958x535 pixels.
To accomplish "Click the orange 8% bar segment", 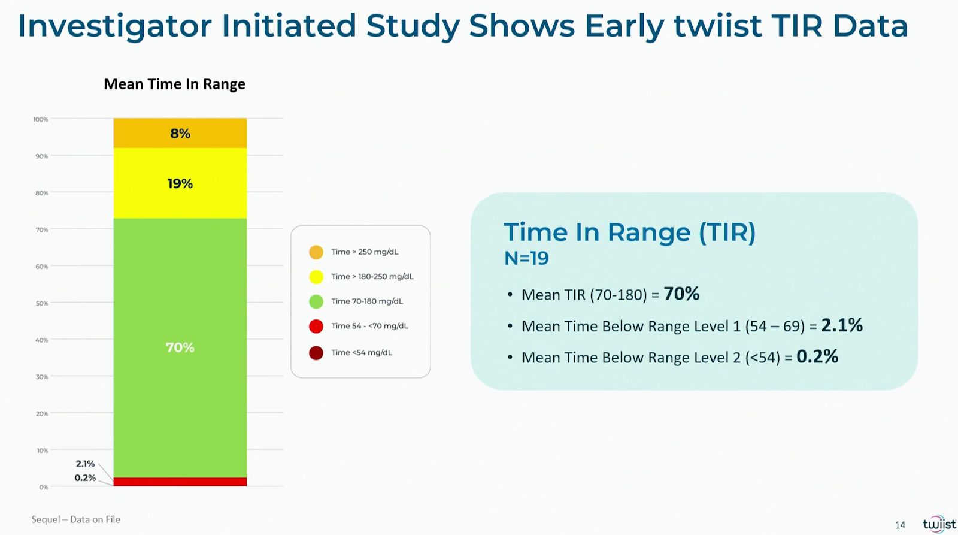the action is coord(180,133).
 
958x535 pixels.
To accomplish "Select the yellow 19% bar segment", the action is coord(180,183).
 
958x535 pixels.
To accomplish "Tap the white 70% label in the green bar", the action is coord(180,347).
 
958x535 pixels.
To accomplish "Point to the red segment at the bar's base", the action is coord(180,482).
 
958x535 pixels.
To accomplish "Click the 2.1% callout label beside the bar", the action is coord(85,464).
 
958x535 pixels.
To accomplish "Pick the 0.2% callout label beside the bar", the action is coord(85,478).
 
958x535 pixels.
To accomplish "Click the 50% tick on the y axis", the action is coord(42,304).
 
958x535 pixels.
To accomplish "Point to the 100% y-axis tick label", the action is coord(41,119).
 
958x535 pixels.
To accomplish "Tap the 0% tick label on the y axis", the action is coord(44,488).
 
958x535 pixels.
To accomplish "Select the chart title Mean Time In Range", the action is coord(174,84).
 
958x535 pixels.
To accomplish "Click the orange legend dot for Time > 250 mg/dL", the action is coord(316,252).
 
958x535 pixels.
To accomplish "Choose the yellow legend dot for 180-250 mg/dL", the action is coord(316,277).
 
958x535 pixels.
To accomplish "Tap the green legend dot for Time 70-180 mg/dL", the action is coord(316,301).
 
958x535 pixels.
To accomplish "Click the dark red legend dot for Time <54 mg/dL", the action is coord(316,353).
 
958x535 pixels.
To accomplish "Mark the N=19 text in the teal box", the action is coord(526,258).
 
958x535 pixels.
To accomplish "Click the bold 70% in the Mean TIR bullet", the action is coord(682,294).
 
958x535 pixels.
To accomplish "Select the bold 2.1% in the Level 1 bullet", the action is coord(842,325).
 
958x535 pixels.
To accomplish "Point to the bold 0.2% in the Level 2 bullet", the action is coord(817,356).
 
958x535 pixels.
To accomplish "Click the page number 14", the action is coord(900,525).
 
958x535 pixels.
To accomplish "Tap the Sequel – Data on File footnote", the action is coord(75,519).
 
